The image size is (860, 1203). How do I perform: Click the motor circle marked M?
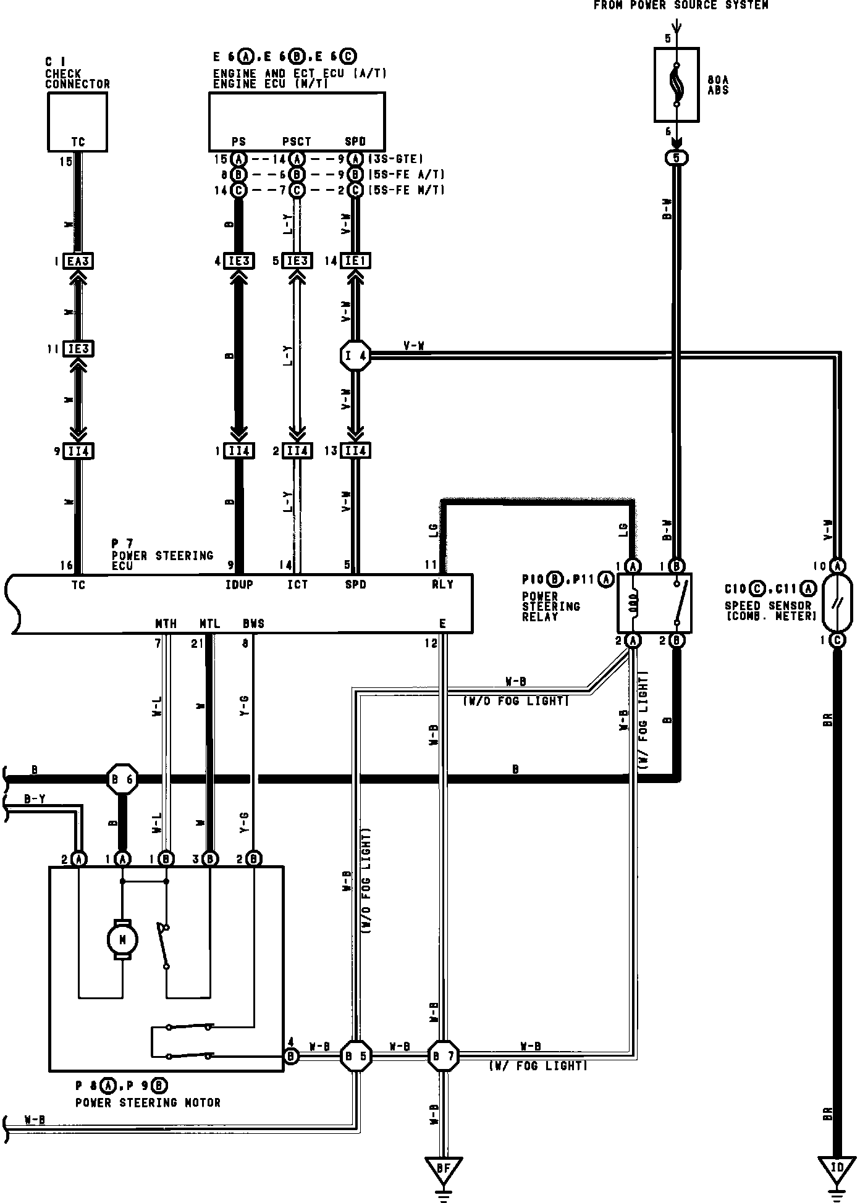coord(122,940)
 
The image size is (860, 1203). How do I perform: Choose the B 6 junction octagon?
coord(122,780)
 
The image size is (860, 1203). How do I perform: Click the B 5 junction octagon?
coord(356,1057)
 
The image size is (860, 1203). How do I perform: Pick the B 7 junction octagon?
coord(443,1057)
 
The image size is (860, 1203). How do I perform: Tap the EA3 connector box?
coord(78,262)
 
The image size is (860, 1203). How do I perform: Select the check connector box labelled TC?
coord(78,122)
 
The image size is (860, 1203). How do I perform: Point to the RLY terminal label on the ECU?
coord(442,584)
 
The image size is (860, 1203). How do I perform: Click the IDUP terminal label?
coord(239,584)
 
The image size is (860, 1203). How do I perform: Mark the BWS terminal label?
coord(253,624)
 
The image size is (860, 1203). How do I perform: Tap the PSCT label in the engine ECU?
coord(297,142)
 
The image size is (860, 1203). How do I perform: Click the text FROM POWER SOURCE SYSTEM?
coord(681,6)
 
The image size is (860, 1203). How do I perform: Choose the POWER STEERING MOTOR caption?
coord(148,1102)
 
